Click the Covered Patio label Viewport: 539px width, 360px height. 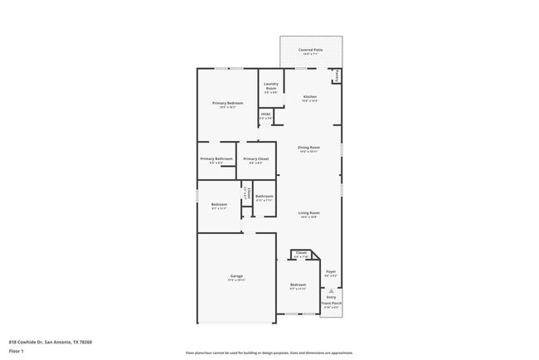[x=311, y=50]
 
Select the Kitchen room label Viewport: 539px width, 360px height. [x=310, y=97]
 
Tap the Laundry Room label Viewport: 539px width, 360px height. [x=270, y=85]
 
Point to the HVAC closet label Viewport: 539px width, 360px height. [x=266, y=114]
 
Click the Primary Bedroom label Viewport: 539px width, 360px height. [x=227, y=103]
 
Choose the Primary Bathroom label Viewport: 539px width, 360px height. [x=216, y=158]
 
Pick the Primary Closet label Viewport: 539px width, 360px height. [x=256, y=158]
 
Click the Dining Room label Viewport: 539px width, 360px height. [x=309, y=148]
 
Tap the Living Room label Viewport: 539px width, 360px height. [x=309, y=212]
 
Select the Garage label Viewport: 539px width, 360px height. [x=236, y=275]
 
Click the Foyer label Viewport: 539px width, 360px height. [x=330, y=271]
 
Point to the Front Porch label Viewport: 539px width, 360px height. [x=331, y=304]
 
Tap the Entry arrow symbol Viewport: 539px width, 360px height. [x=331, y=290]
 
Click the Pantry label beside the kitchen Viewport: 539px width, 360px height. [x=337, y=75]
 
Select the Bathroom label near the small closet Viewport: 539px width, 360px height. [x=264, y=197]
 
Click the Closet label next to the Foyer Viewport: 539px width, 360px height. [x=300, y=253]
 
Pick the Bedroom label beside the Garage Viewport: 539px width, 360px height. [x=298, y=285]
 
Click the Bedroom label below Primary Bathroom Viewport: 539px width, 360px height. [x=219, y=204]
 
